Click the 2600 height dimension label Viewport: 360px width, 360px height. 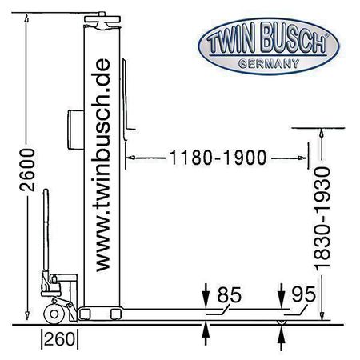27,170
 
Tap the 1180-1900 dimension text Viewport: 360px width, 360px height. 218,158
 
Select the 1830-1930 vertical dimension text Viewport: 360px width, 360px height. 322,218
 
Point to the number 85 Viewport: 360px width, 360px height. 230,294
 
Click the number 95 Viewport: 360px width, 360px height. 303,294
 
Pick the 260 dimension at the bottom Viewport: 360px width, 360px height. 59,339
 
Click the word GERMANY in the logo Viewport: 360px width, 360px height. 269,64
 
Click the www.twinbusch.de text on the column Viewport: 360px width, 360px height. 102,166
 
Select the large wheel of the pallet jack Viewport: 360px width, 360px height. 54,314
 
